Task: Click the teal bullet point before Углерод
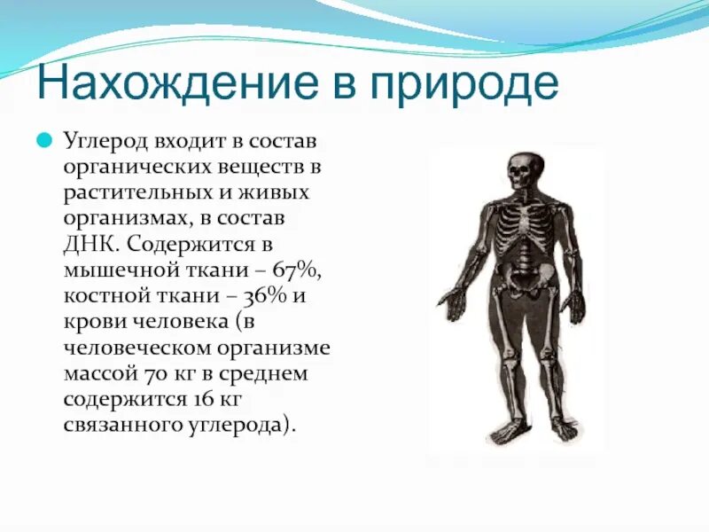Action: tap(43, 142)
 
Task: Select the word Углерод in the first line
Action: tap(105, 143)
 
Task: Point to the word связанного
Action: tap(120, 425)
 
